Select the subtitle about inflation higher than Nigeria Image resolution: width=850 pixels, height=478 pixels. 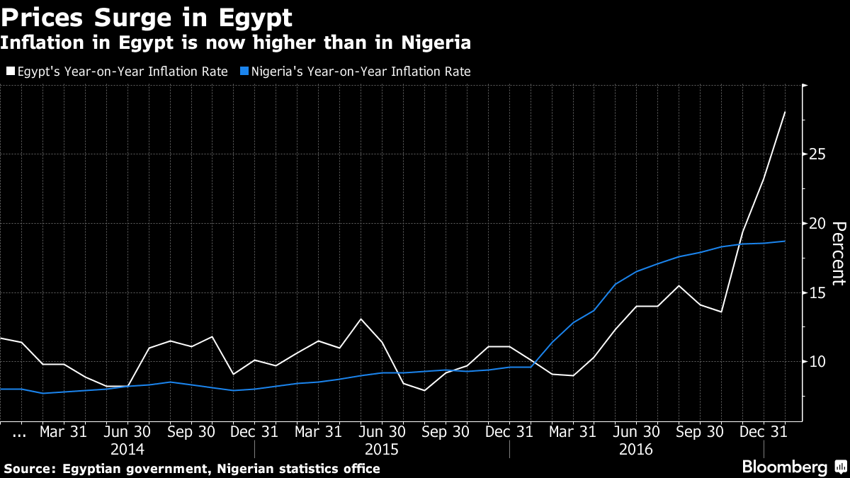[235, 43]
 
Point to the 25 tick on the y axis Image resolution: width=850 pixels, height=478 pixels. [819, 154]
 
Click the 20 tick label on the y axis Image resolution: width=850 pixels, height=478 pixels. [819, 223]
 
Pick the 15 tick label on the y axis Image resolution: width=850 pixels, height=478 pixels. [819, 292]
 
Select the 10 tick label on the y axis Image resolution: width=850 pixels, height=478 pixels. [819, 362]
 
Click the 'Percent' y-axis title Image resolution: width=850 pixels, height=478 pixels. [838, 253]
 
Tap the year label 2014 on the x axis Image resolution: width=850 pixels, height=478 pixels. [127, 450]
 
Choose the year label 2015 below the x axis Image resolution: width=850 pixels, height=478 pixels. [382, 450]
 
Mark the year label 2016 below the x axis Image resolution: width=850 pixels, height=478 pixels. [636, 450]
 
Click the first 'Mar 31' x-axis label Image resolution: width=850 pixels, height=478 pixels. [63, 431]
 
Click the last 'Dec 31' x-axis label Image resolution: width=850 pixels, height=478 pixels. [764, 431]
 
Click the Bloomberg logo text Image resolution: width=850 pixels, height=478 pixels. [784, 467]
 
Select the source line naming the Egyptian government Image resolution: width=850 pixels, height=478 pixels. [192, 469]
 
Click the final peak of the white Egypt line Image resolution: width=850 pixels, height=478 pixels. [785, 112]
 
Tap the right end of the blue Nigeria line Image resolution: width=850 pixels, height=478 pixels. [785, 241]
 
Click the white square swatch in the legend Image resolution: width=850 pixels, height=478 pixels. [10, 72]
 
